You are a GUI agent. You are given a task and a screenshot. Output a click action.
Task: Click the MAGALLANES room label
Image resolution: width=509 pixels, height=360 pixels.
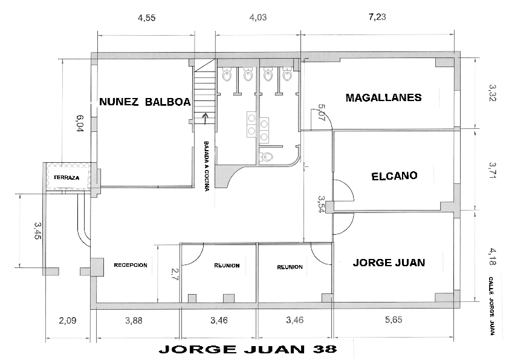[383, 97]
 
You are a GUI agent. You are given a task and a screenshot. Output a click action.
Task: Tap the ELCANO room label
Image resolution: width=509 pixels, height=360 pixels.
[394, 176]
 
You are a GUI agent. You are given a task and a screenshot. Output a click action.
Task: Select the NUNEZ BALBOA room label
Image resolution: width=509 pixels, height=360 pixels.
[144, 102]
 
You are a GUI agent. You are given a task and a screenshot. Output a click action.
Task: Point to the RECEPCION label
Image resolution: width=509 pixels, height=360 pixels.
[131, 265]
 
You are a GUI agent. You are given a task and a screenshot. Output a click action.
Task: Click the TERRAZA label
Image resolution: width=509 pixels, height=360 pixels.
[66, 177]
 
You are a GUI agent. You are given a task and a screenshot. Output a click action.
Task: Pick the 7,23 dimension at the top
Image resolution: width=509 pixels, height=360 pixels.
[377, 18]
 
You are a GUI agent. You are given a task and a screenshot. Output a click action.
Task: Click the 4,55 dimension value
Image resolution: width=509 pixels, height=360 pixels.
[146, 18]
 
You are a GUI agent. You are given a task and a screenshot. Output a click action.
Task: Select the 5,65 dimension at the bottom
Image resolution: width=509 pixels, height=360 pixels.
[392, 320]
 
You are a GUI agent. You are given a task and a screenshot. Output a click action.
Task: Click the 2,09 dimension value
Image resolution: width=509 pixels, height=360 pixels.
[66, 320]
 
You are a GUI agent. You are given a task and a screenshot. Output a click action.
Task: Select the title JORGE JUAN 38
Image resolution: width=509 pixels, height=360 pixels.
[247, 349]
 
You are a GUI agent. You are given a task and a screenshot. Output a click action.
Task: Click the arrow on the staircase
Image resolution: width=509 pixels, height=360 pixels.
[206, 117]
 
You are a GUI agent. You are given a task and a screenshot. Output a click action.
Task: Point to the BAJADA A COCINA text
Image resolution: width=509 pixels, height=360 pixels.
[207, 166]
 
